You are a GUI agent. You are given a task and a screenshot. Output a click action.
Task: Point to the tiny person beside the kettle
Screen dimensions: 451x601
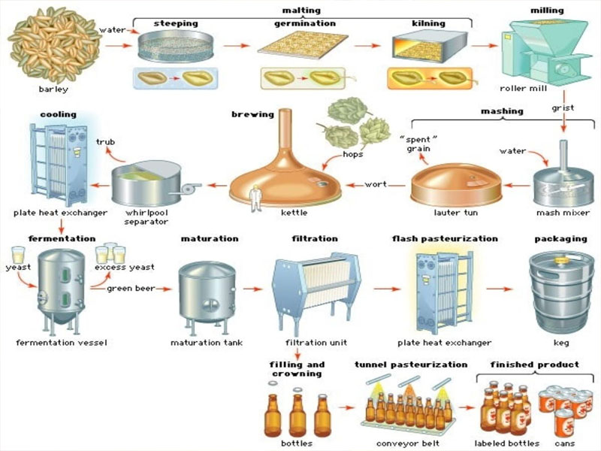tap(254, 199)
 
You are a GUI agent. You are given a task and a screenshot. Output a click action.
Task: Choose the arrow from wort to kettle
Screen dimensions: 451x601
tap(353, 184)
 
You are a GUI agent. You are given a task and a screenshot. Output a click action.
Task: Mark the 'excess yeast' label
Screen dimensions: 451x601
tap(125, 267)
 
